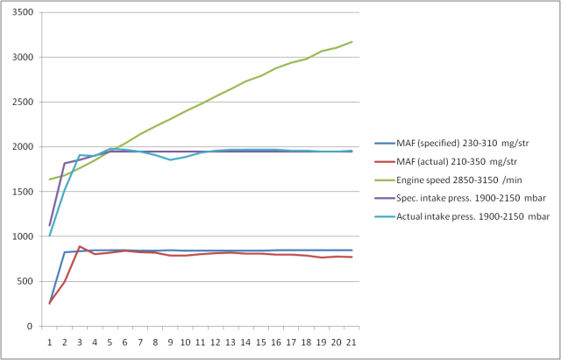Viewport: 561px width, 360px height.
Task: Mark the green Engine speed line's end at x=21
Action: (x=352, y=42)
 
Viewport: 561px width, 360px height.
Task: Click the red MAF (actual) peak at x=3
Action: (x=80, y=246)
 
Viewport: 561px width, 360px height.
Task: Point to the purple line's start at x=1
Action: (x=49, y=225)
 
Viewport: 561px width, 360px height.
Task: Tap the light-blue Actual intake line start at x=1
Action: (x=49, y=236)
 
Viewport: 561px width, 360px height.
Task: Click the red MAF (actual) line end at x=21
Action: (x=352, y=257)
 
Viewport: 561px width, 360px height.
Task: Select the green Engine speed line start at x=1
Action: (x=49, y=180)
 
